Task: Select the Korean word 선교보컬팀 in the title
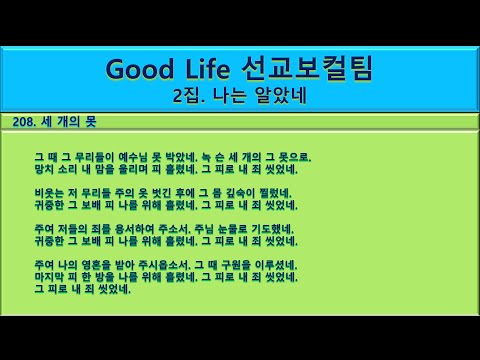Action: pos(312,69)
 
